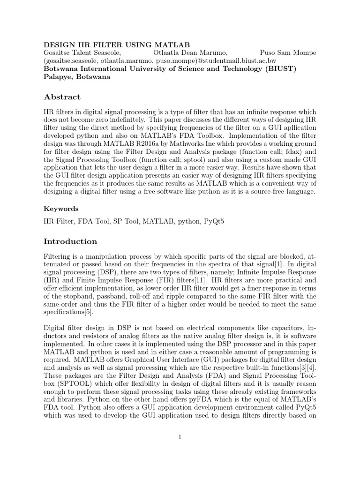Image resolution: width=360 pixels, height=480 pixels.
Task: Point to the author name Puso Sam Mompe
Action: [x=288, y=53]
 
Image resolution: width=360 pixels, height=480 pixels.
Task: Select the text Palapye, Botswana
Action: [x=77, y=77]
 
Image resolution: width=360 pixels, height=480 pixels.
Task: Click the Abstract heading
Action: [x=62, y=97]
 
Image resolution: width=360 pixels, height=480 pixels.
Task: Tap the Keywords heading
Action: [x=61, y=209]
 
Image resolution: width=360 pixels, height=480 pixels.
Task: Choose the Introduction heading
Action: [x=70, y=241]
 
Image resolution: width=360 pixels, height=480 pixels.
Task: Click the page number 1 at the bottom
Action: [x=180, y=437]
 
